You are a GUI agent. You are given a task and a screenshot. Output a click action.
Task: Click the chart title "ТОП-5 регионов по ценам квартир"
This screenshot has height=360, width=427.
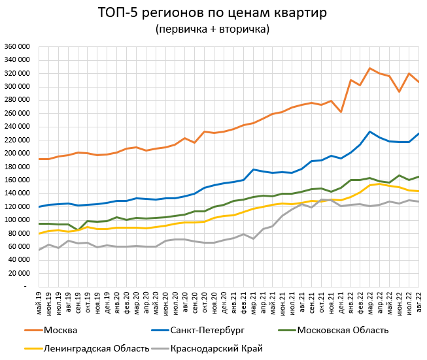point(213,12)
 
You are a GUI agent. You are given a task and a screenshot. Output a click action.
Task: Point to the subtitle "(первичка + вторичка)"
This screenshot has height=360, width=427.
point(213,29)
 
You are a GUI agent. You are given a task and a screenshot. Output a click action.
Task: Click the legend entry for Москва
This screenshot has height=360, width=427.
point(61,330)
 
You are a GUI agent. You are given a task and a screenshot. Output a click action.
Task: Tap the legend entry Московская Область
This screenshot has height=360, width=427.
point(343,330)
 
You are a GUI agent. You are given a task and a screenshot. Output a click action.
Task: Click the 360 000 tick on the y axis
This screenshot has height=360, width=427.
point(17,46)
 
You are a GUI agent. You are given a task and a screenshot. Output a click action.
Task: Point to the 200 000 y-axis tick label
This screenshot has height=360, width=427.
point(17,153)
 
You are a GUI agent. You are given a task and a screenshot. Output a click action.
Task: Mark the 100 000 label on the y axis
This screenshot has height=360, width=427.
point(17,220)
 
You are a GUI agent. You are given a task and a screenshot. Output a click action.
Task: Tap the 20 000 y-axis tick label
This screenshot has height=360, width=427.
point(19,273)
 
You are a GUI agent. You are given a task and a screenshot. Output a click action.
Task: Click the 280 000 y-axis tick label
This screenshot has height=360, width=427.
point(17,99)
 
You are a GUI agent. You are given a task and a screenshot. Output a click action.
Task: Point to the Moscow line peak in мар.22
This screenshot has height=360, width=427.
point(370,68)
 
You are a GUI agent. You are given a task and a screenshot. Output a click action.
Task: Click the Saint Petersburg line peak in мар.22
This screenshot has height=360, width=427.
point(370,131)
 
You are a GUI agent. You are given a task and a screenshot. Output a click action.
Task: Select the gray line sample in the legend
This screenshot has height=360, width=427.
point(158,348)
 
